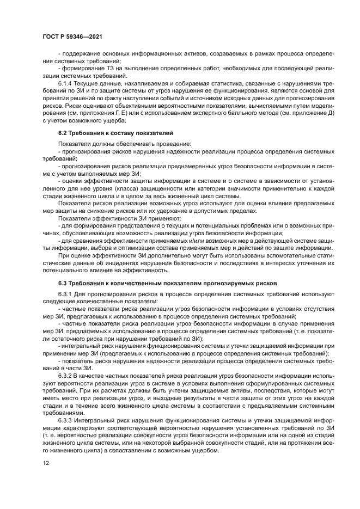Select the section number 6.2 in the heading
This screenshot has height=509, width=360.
click(63, 133)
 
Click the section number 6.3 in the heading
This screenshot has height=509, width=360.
click(63, 283)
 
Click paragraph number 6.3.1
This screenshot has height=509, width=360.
click(66, 294)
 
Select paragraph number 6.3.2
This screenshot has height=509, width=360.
click(66, 375)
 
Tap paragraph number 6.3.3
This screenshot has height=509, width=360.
click(66, 421)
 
